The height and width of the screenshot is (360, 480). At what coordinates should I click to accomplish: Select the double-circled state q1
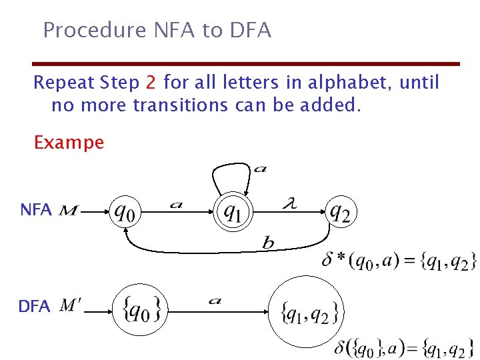[233, 212]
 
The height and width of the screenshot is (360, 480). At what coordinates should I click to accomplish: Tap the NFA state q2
[340, 212]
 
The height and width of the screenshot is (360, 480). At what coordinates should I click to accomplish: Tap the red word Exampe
[69, 142]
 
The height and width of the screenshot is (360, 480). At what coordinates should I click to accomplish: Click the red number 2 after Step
[151, 83]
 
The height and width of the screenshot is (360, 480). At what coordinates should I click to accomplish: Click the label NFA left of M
[36, 210]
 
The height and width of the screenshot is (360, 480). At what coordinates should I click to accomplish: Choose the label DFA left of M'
[34, 307]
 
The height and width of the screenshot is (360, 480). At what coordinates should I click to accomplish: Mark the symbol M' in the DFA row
[71, 306]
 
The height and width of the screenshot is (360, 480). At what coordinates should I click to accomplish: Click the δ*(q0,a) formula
[399, 260]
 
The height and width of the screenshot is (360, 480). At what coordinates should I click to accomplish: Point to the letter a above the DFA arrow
[215, 301]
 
